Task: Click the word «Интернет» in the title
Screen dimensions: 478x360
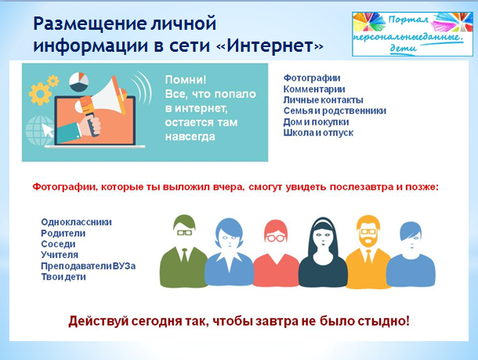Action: [270, 45]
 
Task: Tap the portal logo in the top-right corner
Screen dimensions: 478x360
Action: [412, 35]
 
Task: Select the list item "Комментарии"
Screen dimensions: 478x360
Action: [314, 89]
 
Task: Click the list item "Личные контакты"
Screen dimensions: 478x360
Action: [323, 100]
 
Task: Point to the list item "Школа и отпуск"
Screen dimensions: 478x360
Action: [318, 133]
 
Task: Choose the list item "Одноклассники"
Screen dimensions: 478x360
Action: [76, 222]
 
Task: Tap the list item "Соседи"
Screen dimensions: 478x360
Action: [58, 244]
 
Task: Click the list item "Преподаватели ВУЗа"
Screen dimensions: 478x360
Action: [89, 266]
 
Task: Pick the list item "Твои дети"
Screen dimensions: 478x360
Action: [63, 277]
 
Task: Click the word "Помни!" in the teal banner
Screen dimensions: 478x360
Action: [186, 80]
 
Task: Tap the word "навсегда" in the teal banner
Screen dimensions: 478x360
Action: [190, 136]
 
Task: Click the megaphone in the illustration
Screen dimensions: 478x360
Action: [102, 97]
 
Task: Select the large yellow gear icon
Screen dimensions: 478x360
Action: [40, 93]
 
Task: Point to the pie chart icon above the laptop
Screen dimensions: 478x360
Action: [78, 82]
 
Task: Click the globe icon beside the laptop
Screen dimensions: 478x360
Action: [39, 130]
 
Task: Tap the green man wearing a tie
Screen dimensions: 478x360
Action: [184, 251]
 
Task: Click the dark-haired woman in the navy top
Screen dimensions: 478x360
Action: [323, 252]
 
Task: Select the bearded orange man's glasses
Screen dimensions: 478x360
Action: [368, 231]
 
